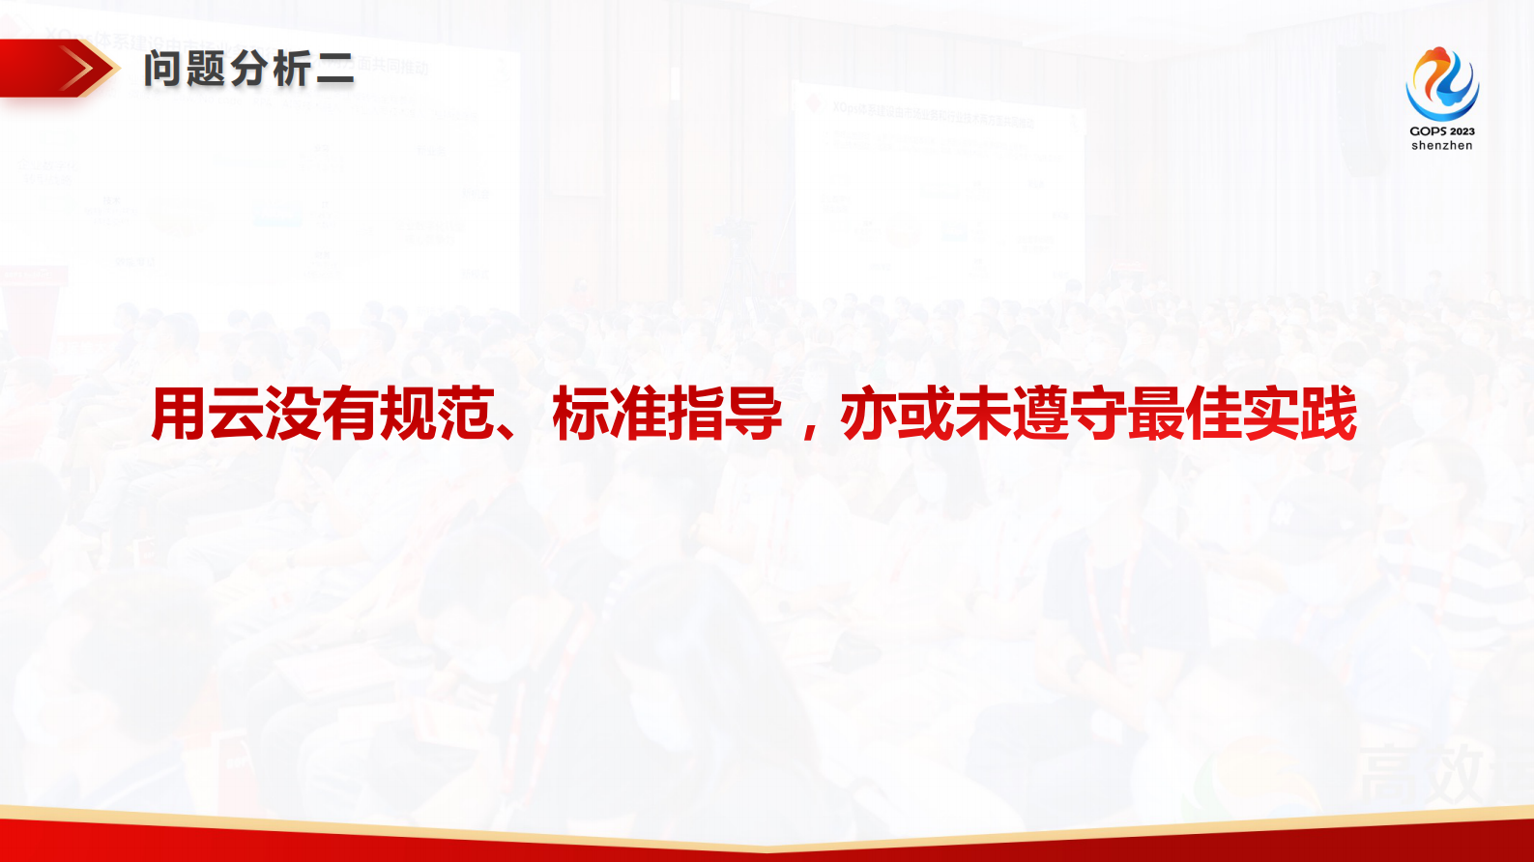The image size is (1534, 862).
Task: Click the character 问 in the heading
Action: click(x=163, y=70)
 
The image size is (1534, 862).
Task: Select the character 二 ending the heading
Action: click(x=334, y=70)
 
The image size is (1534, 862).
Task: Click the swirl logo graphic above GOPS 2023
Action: click(x=1441, y=84)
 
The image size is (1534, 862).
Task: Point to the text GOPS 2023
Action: click(x=1441, y=131)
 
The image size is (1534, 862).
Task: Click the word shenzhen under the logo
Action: click(x=1441, y=146)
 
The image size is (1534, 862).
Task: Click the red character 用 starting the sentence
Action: click(x=179, y=415)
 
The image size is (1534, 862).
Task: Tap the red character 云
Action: click(x=236, y=415)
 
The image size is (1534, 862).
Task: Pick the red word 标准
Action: click(x=608, y=415)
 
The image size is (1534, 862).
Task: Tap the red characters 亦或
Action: click(x=896, y=415)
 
